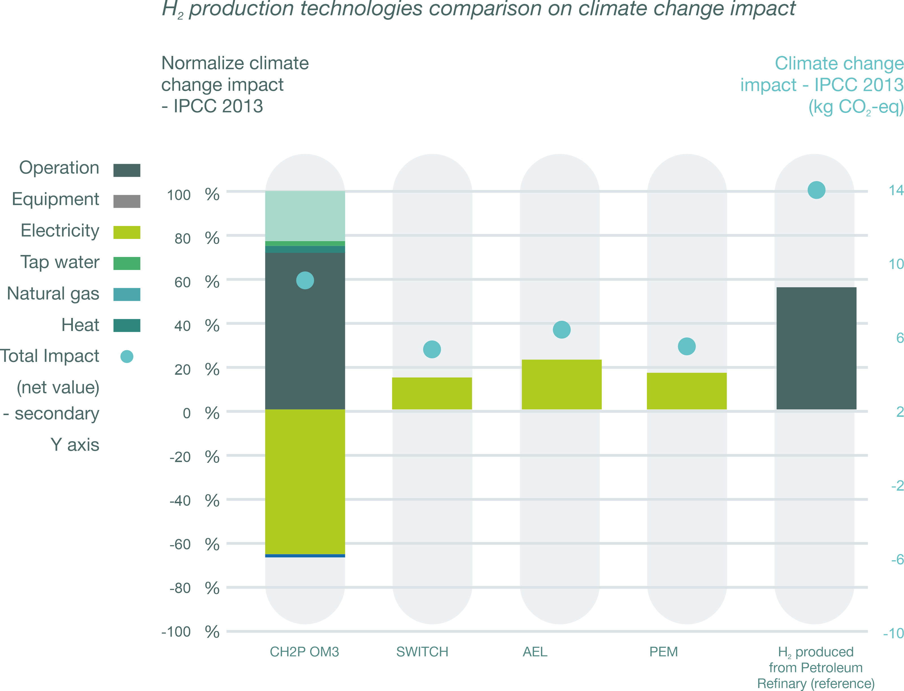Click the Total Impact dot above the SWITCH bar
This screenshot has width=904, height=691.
(432, 349)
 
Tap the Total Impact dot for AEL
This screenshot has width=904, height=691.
(561, 330)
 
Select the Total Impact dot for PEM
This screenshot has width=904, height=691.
(686, 346)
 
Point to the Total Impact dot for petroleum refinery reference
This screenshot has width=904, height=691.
(816, 190)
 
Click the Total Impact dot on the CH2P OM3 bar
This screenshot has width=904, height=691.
(305, 280)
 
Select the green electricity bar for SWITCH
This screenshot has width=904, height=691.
(432, 393)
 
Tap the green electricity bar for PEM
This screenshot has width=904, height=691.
(686, 391)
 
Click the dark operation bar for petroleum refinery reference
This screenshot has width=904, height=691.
(816, 348)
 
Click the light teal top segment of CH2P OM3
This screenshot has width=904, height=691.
(305, 216)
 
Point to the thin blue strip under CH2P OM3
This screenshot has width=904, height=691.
(305, 556)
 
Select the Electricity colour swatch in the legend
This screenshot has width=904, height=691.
(127, 232)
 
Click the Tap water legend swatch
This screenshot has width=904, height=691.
(127, 263)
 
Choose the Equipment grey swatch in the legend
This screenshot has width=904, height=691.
(127, 201)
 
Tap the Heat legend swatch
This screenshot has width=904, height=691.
(127, 325)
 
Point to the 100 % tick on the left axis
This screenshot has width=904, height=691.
(193, 195)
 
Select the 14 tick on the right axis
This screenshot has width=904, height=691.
(896, 190)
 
